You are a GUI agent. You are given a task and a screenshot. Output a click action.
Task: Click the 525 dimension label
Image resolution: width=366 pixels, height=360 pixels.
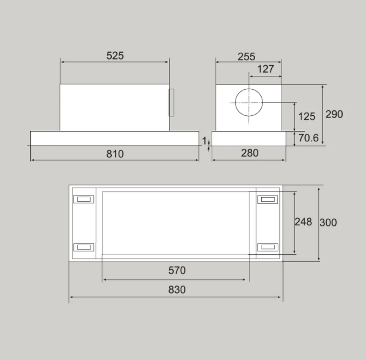click(115, 56)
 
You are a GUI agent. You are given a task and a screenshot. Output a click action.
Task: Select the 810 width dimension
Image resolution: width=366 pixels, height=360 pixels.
click(115, 154)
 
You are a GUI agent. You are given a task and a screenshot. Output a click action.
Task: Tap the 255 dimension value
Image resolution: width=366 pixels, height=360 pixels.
click(247, 57)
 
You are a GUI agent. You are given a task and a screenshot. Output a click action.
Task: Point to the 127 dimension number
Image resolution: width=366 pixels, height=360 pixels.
click(265, 69)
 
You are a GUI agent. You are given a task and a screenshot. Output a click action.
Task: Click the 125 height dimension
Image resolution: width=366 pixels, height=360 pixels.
click(307, 117)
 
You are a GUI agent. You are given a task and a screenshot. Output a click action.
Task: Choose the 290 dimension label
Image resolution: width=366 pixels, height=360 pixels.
click(334, 114)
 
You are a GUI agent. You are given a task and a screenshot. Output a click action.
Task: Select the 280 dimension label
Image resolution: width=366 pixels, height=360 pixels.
click(249, 153)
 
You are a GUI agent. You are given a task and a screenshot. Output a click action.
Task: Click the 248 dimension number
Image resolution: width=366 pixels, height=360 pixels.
click(303, 222)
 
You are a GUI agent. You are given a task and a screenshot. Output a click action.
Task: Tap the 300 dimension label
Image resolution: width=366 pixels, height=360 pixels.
click(328, 223)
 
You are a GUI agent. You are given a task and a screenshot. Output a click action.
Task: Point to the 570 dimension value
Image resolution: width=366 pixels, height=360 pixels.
click(177, 270)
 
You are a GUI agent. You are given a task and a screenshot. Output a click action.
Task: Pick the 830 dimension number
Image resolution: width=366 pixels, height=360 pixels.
click(177, 290)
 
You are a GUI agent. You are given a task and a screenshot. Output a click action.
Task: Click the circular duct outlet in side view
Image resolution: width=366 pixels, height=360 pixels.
click(250, 103)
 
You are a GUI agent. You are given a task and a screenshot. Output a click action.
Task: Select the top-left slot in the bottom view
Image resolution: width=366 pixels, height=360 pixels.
click(84, 199)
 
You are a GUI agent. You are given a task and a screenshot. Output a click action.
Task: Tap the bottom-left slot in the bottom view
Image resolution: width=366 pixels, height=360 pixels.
click(84, 247)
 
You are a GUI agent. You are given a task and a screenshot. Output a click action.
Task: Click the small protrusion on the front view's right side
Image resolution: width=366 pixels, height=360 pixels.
click(171, 102)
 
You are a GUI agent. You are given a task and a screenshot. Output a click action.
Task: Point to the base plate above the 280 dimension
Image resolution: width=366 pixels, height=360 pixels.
click(249, 139)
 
